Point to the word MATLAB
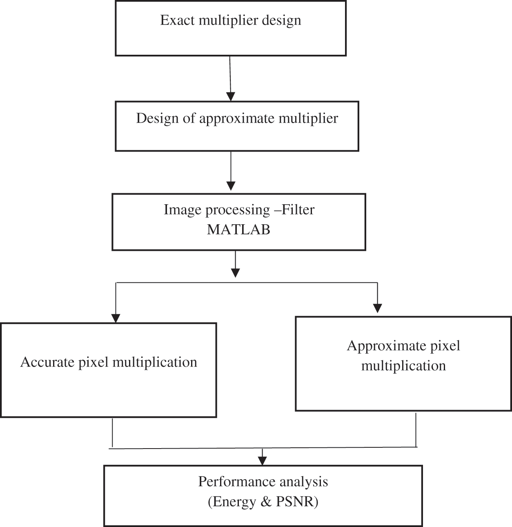pos(238,230)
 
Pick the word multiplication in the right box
pos(403,366)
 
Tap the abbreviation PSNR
pos(296,502)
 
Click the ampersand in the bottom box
pos(266,502)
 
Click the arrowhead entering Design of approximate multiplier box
pos(231,96)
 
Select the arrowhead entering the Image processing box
pos(231,185)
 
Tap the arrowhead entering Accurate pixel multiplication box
pos(116,318)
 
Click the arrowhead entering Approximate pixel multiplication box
pos(378,308)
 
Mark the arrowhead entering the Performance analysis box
pos(263,460)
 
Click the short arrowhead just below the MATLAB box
pos(235,272)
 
